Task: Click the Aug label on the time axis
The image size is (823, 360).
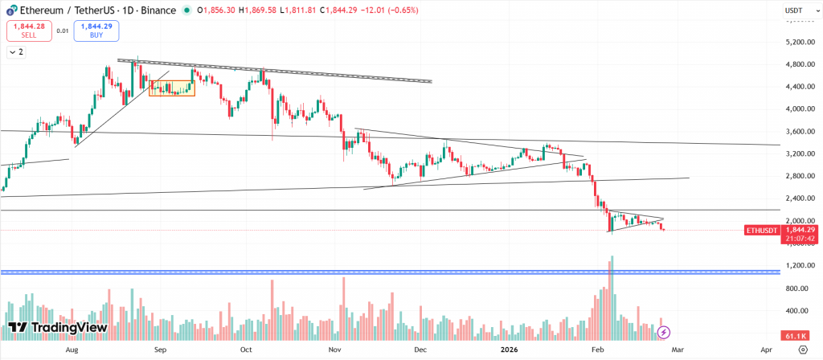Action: (x=72, y=350)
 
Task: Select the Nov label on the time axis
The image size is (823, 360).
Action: (x=334, y=350)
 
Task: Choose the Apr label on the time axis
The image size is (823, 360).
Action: (x=766, y=350)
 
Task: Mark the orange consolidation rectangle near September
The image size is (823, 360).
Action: (x=172, y=88)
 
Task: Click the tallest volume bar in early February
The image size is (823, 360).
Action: (x=612, y=297)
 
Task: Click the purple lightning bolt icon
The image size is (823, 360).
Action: (x=664, y=331)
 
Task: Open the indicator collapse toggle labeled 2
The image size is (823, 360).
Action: (x=15, y=52)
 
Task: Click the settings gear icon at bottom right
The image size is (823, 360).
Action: (x=803, y=350)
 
